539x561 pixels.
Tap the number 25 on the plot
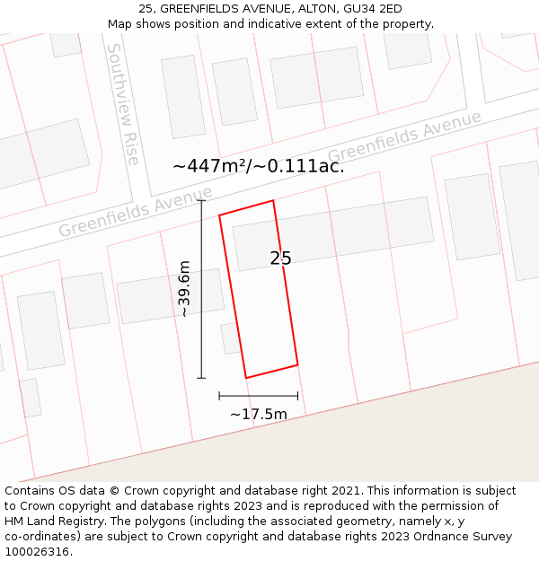pos(280,259)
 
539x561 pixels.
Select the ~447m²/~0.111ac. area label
pos(259,166)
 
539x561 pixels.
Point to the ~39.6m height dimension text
pos(184,289)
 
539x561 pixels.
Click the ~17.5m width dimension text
pos(259,414)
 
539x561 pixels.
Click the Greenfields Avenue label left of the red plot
pos(136,213)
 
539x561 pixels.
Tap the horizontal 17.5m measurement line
pos(259,395)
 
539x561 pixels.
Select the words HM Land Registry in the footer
pos(46,522)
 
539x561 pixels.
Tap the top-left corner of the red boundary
pos(220,215)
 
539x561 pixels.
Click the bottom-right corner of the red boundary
pos(297,364)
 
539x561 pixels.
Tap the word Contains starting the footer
pos(30,491)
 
